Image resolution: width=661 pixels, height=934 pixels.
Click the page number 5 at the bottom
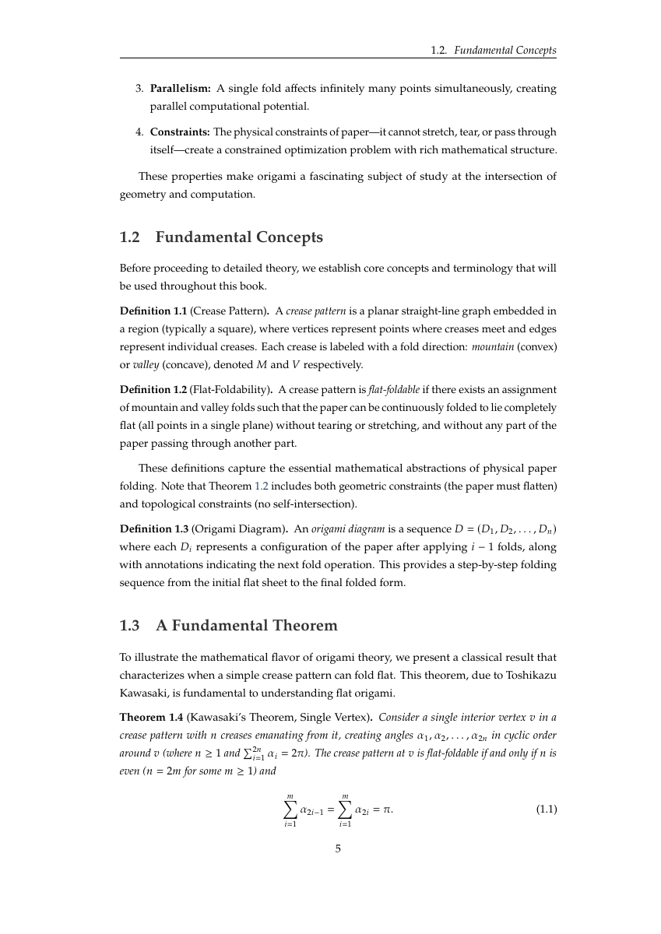tap(338, 849)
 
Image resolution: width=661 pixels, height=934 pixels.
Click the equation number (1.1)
tap(547, 809)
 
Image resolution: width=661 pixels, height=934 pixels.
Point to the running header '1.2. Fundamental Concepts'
tap(494, 51)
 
